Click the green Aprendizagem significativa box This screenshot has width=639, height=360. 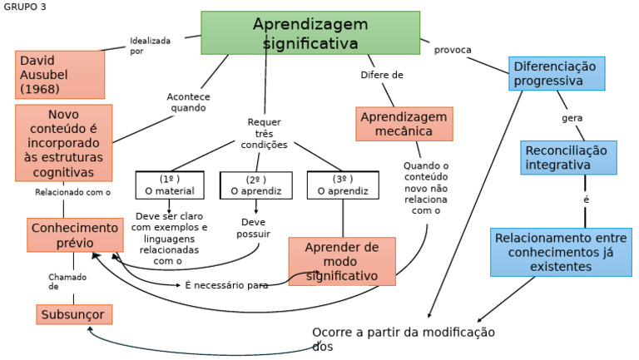coord(310,33)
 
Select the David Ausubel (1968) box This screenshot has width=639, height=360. coord(60,74)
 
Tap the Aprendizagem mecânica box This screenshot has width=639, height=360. coord(404,124)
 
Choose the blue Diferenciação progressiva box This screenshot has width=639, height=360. coord(557,73)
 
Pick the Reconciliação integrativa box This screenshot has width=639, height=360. coord(570,157)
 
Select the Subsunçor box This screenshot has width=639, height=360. coord(74,314)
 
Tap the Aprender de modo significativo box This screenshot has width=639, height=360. coord(342,261)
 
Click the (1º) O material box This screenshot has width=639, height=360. coord(170,185)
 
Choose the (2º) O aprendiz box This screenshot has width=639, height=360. coord(255,185)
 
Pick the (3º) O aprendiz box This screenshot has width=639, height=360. coord(343,185)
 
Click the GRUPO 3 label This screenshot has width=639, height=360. coord(25,7)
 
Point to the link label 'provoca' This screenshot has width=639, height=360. coord(453,50)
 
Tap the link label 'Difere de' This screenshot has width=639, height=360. coord(382,75)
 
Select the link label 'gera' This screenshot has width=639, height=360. coord(572,118)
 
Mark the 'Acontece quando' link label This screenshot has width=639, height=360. coord(189,102)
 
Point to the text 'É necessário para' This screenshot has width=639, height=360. coord(225,285)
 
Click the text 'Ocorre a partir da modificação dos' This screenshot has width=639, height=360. coord(403,339)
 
